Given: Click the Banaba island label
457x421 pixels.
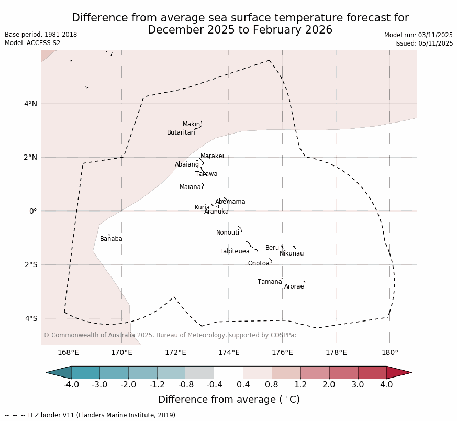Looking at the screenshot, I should (111, 239).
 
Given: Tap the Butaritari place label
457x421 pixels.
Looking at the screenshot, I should (181, 133).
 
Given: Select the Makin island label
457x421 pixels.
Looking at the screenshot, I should (191, 125).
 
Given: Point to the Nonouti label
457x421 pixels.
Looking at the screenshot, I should (228, 233).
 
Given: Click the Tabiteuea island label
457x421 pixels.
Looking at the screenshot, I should (235, 252).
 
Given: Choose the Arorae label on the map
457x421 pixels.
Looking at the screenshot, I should (294, 287).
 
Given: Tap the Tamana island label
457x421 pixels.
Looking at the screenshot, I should (270, 282).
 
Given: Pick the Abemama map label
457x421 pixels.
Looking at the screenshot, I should (230, 202).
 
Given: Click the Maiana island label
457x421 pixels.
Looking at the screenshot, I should (190, 187).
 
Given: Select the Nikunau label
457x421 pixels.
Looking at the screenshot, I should (292, 254).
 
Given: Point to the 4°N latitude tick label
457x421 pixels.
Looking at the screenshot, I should (30, 104).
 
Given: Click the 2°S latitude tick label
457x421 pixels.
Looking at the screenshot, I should (30, 264).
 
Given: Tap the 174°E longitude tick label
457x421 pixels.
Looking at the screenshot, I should (229, 352).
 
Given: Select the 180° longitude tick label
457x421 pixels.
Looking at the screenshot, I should (389, 352).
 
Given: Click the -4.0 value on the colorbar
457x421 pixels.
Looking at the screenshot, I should (71, 385).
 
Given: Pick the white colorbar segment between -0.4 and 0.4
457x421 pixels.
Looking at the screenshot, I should (229, 372).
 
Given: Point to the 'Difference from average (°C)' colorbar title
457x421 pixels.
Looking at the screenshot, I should (229, 400).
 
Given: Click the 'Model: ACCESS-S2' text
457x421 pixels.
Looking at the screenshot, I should (32, 43).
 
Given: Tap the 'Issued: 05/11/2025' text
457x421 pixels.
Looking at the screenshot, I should (423, 43).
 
